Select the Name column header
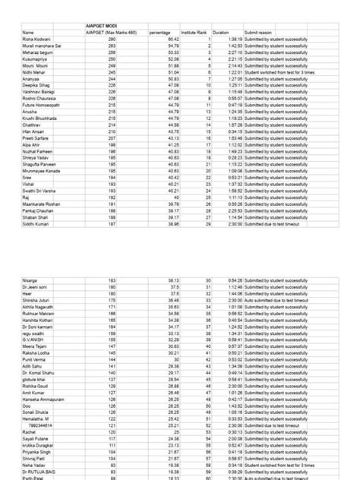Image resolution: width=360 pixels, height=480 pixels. coord(29,33)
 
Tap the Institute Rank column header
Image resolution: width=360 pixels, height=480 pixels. coord(197,33)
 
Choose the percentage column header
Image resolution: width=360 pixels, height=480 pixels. coord(160,33)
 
